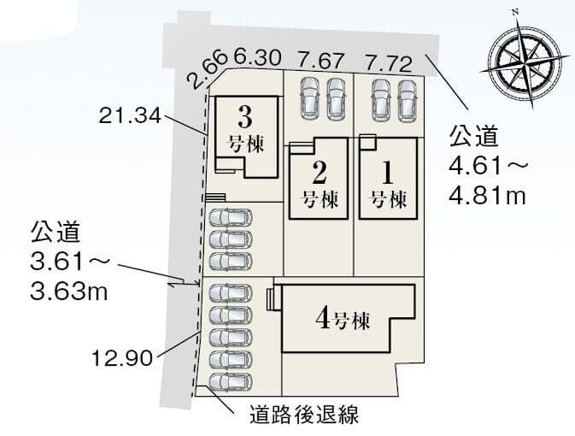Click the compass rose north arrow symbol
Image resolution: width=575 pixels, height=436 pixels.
525,60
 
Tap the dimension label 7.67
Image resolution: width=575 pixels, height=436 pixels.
321,61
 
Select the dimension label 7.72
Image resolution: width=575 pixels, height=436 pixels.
389,62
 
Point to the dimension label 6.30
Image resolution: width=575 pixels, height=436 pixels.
258,57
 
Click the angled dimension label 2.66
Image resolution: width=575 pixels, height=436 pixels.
206,69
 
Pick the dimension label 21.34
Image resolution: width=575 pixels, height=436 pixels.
130,116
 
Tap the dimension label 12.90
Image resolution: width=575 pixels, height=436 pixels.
122,358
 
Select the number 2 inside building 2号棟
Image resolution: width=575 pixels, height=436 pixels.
320,173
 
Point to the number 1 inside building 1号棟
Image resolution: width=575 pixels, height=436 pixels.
388,173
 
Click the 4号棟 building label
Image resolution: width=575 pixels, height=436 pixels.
343,319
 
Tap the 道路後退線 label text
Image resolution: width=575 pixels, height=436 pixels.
304,415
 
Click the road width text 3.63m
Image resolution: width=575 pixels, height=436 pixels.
69,292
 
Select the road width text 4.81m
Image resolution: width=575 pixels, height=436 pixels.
487,197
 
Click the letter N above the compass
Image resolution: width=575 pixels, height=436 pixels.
515,13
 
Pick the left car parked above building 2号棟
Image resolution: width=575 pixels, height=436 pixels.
309,98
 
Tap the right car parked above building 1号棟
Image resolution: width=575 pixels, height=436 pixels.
407,100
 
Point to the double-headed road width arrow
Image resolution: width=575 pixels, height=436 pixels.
184,284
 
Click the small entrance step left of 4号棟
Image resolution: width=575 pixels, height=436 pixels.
271,299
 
